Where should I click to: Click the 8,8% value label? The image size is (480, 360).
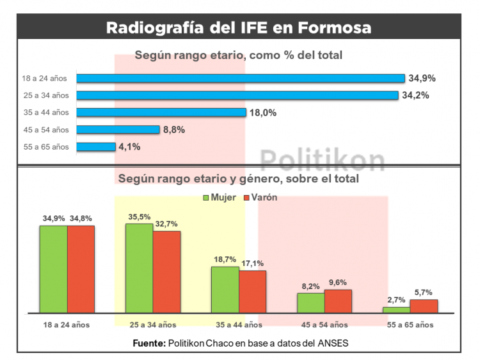(x=174, y=130)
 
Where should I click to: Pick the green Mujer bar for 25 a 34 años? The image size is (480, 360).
(x=139, y=269)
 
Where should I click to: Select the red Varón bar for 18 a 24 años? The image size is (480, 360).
(x=81, y=269)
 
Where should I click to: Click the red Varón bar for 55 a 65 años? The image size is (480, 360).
(x=424, y=306)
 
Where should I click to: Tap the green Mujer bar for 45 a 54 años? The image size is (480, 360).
(x=310, y=303)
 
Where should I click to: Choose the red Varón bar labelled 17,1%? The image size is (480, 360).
(x=252, y=292)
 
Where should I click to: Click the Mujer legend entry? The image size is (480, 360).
(x=220, y=197)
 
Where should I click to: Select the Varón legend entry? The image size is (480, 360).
(x=260, y=197)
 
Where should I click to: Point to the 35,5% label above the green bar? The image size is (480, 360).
(x=139, y=216)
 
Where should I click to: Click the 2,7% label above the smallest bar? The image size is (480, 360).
(x=396, y=299)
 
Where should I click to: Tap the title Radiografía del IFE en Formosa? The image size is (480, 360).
(x=239, y=28)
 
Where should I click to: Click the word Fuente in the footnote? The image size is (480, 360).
(x=149, y=343)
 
